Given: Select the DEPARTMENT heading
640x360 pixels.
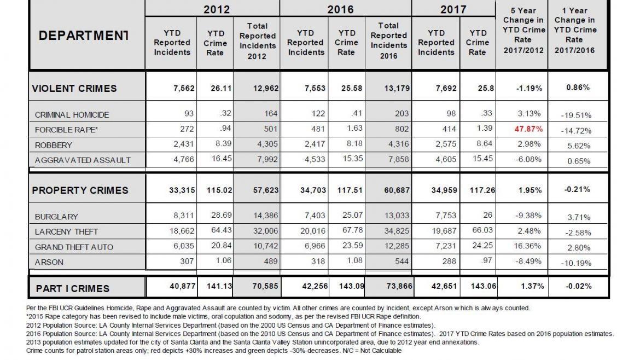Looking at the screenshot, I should coord(84,36).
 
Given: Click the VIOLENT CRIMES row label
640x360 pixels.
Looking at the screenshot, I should coord(74,88).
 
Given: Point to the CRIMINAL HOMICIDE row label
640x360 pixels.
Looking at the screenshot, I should coord(72,115).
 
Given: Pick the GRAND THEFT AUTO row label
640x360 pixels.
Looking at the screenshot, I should coord(74,247).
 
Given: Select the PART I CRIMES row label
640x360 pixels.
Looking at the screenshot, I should coord(72,288).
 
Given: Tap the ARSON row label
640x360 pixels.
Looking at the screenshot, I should coord(49,262).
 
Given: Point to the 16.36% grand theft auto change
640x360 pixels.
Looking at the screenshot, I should coord(522,247).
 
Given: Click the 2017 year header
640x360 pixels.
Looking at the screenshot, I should coord(453,9).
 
